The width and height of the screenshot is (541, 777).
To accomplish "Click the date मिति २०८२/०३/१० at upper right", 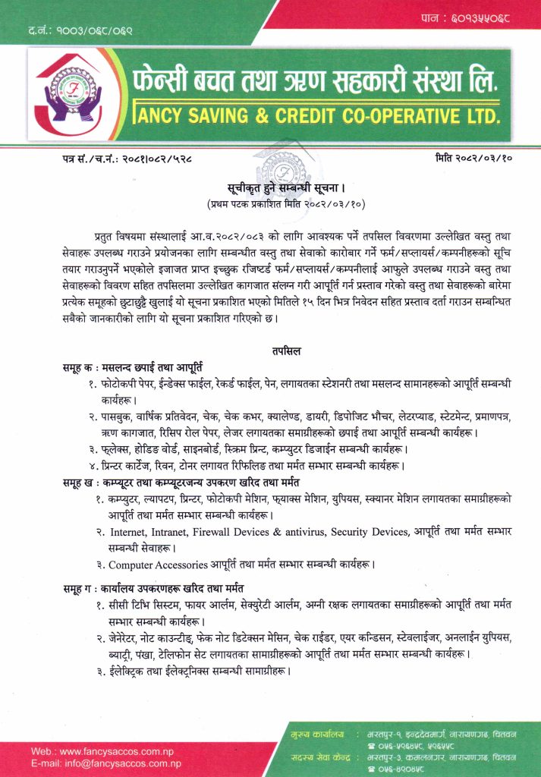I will [473, 158].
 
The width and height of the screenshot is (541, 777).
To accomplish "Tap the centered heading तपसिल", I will [285, 351].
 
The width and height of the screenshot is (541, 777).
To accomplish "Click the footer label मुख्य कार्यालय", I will [317, 735].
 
